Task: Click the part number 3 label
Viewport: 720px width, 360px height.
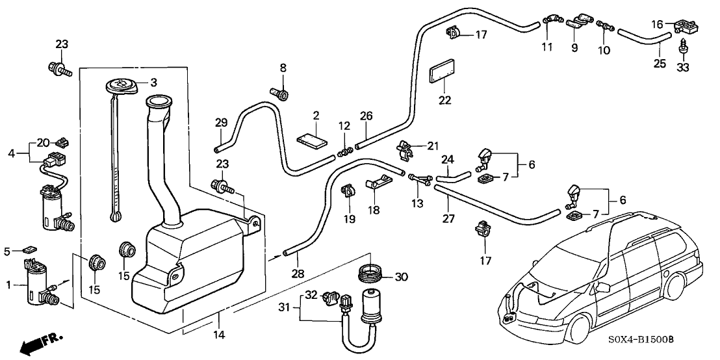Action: [x=154, y=83]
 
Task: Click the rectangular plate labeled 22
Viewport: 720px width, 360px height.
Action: [x=443, y=73]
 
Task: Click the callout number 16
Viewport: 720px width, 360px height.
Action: [x=658, y=24]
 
